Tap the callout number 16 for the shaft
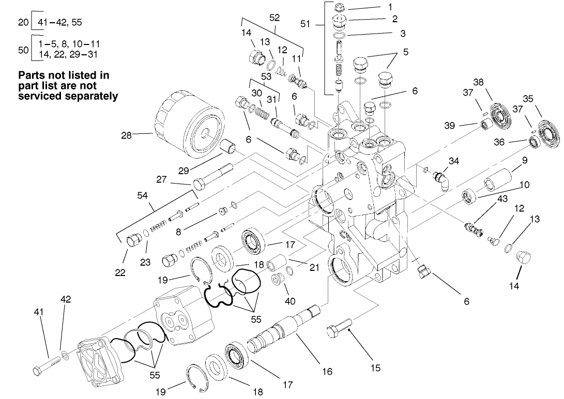pos(327,371)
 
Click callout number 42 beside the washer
pos(66,299)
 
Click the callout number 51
pos(305,24)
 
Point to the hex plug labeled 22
pos(134,240)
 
